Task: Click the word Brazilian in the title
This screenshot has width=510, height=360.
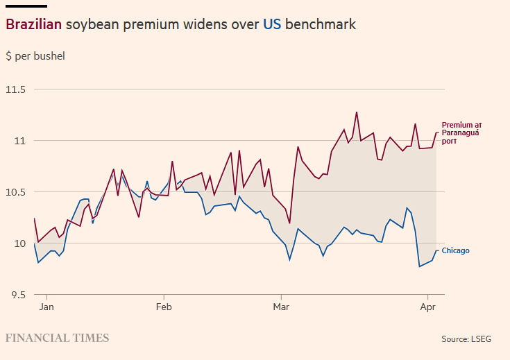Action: click(34, 24)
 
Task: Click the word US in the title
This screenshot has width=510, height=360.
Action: click(271, 24)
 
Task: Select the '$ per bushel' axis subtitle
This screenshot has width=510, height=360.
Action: click(35, 55)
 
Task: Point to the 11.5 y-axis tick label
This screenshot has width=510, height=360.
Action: click(15, 89)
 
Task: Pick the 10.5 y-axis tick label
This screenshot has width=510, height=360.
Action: click(15, 192)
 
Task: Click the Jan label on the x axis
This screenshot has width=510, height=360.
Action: click(46, 306)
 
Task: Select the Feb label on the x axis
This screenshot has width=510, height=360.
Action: click(164, 306)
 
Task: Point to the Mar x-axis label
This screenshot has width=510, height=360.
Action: click(281, 306)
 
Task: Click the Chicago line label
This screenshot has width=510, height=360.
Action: click(456, 251)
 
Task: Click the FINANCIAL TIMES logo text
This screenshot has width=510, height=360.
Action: click(58, 338)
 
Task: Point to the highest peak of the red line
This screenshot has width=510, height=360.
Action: click(357, 112)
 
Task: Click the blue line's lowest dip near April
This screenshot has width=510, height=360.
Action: click(419, 266)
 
